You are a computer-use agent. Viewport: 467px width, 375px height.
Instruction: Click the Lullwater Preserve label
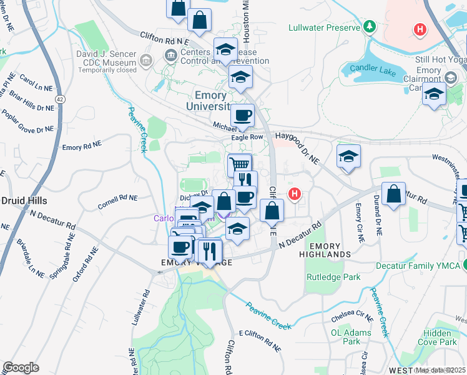(324, 27)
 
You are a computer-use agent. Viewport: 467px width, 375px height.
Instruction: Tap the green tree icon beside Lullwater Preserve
(370, 27)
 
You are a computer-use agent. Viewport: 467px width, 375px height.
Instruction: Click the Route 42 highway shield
(60, 99)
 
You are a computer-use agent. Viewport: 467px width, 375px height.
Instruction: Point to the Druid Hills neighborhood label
(26, 201)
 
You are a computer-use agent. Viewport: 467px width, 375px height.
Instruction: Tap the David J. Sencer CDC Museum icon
(147, 61)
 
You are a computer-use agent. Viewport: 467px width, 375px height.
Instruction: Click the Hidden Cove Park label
(440, 337)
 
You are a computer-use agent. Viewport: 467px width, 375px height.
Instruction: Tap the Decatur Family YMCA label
(418, 266)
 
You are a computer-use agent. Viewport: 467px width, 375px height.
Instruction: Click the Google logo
(21, 367)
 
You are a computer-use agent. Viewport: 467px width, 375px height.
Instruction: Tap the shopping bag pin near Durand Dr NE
(394, 194)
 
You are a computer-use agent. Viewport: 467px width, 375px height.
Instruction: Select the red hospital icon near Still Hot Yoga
(420, 29)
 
